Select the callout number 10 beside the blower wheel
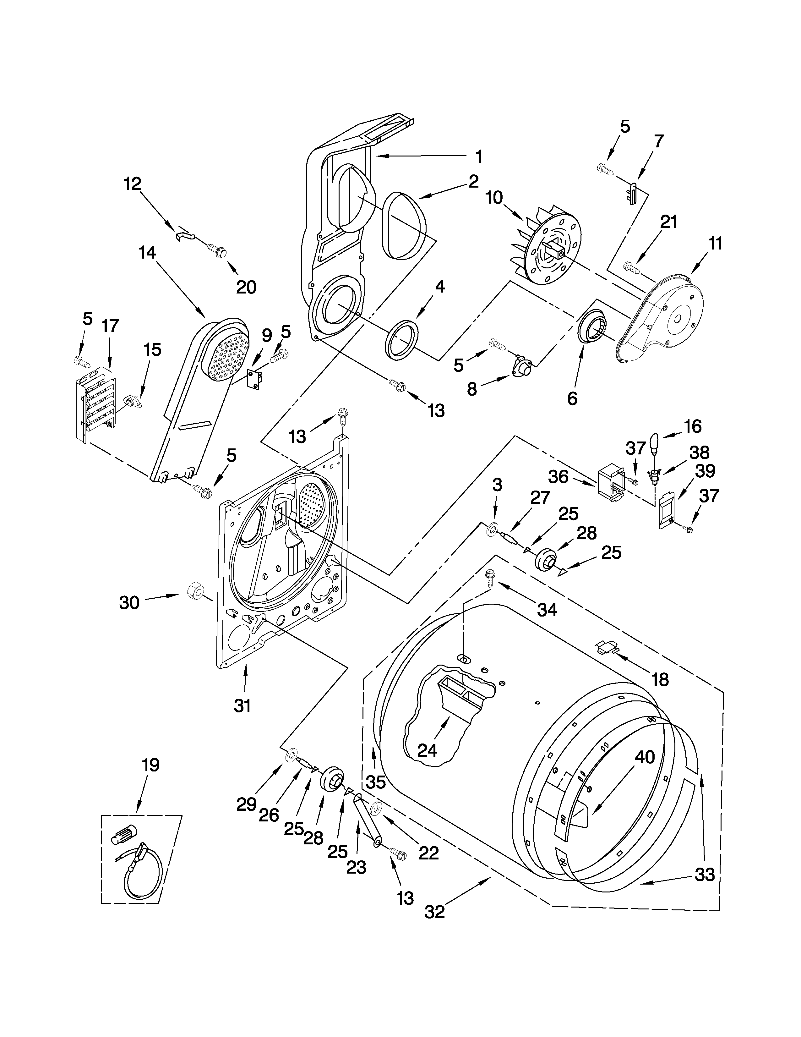(493, 198)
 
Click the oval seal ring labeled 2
(403, 226)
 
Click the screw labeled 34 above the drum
(489, 579)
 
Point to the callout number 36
(558, 477)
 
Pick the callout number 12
(133, 184)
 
